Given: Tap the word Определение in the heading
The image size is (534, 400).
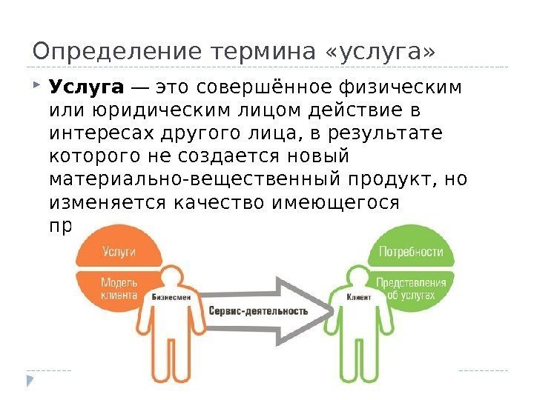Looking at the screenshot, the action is [x=117, y=53].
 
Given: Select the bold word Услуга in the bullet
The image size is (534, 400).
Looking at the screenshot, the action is [x=86, y=88].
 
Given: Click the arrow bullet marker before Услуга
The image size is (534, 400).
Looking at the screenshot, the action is [x=37, y=87].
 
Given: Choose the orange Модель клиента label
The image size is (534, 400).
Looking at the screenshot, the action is [x=119, y=287].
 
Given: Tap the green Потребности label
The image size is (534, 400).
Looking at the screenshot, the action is [x=411, y=251].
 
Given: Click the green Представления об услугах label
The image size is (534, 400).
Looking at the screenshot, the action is [x=411, y=287].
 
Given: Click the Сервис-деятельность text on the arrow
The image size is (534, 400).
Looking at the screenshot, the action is [x=258, y=311].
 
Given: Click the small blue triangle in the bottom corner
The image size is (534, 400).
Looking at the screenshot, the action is [x=30, y=381].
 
